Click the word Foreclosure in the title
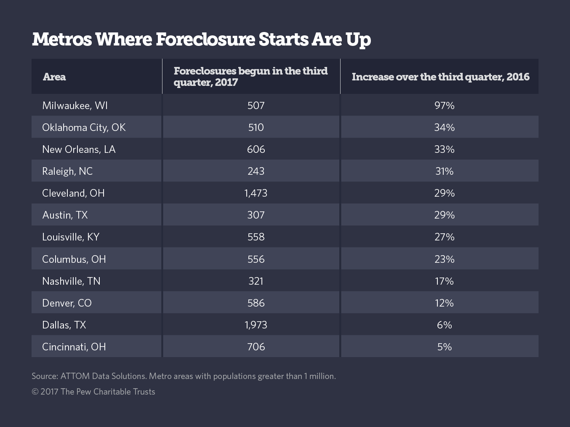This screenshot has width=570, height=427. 205,40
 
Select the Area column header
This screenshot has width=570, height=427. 54,77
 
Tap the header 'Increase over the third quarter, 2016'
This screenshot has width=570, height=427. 440,77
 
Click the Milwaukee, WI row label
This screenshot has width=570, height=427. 75,105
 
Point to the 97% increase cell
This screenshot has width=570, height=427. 444,105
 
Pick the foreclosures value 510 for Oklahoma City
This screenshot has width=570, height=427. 256,127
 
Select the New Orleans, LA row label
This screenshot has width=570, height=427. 79,149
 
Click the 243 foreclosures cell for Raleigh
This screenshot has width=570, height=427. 256,171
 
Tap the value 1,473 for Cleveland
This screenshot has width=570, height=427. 256,193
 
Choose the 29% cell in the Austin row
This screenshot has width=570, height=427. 444,215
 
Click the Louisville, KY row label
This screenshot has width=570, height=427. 71,237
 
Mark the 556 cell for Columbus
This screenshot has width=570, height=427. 256,259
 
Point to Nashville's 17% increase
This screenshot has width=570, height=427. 444,281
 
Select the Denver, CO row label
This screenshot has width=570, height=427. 67,303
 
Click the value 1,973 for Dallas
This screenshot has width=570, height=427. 256,325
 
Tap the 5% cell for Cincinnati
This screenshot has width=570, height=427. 444,347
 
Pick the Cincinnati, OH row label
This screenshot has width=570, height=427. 74,347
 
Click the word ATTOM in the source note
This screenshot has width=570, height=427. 75,376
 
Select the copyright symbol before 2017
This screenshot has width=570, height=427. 35,392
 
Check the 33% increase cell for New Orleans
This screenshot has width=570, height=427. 444,149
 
